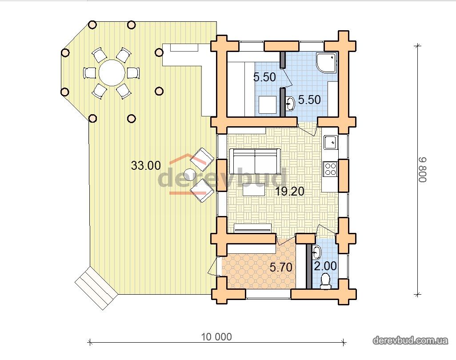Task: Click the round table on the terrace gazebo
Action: tap(111, 72)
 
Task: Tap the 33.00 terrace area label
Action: tap(146, 165)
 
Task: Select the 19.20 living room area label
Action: tap(290, 192)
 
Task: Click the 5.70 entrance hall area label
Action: tap(280, 267)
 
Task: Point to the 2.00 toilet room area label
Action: tap(325, 266)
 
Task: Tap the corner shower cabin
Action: tap(327, 62)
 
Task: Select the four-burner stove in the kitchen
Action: tap(330, 169)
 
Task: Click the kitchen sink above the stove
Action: tap(330, 142)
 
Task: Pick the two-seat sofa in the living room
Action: tap(255, 161)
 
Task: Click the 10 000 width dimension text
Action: tap(216, 337)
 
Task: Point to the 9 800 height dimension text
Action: tap(423, 170)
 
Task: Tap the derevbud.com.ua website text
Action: tap(410, 340)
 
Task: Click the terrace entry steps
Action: tap(96, 288)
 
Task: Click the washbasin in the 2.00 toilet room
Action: tap(316, 252)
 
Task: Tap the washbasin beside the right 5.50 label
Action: tap(290, 103)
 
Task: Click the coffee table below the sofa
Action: tap(254, 191)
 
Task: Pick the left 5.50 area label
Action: tap(264, 77)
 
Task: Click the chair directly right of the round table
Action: tap(132, 72)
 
